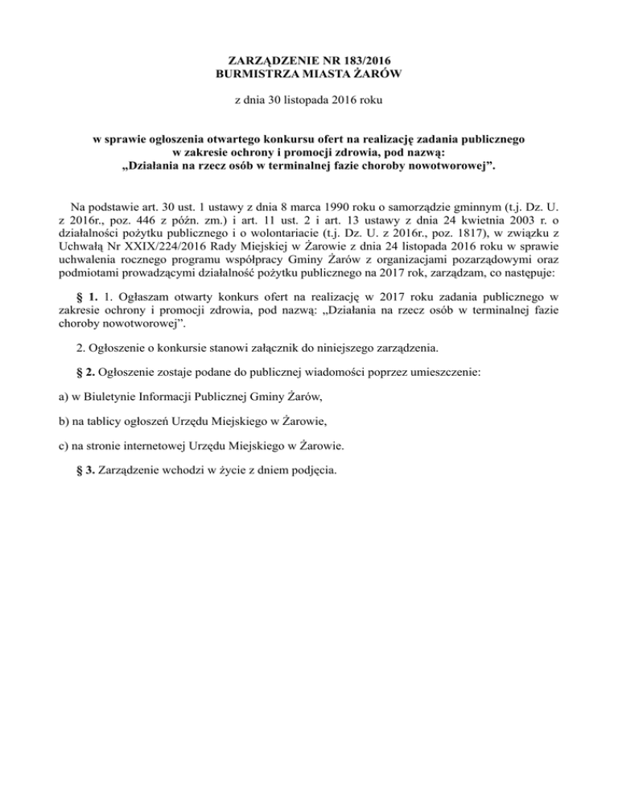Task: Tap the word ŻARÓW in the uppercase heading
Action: [x=375, y=75]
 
